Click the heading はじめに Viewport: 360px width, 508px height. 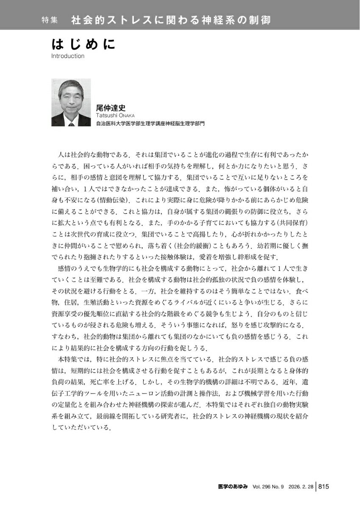[x=83, y=45]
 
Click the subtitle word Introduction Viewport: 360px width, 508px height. [x=67, y=56]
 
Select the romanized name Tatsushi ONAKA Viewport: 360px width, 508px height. [x=116, y=116]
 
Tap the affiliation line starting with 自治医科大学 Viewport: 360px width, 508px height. [x=150, y=124]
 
